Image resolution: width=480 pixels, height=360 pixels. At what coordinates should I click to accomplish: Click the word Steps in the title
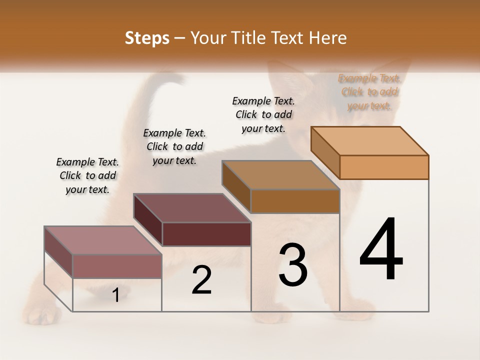147,38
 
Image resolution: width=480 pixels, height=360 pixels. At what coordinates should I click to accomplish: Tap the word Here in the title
327,38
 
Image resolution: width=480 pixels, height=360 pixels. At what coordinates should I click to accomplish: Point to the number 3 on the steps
292,265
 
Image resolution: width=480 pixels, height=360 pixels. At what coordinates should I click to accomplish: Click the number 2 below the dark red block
201,280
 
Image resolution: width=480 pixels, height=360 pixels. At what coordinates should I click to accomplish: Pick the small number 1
115,295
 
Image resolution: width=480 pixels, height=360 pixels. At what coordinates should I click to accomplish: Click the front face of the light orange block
384,167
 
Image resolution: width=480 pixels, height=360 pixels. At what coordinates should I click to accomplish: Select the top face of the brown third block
280,175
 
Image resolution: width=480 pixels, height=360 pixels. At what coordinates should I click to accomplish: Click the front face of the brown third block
295,201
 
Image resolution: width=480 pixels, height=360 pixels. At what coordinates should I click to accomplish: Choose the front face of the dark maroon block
206,234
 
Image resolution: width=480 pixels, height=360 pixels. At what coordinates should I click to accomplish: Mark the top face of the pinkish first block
102,240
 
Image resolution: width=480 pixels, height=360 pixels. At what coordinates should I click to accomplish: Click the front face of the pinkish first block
117,266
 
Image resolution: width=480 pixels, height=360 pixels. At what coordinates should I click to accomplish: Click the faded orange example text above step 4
370,92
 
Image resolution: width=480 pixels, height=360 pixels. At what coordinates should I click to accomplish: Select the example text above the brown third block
263,114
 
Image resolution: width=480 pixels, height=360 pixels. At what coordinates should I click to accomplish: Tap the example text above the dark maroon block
174,146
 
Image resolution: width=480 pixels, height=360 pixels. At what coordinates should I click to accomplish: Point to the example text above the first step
87,175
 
